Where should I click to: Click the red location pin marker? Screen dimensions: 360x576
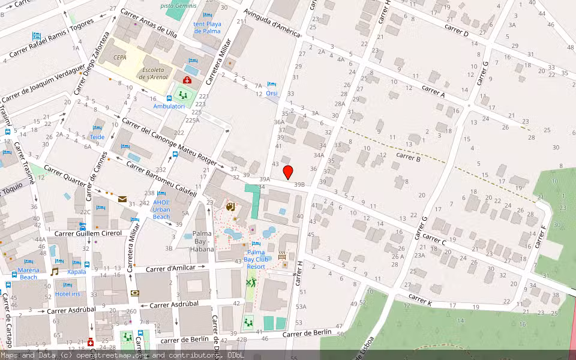pos(288,172)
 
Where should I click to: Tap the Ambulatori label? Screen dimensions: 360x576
pos(169,106)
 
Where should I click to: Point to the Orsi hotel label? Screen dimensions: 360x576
pos(272,93)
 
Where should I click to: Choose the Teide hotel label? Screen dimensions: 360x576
pos(97,137)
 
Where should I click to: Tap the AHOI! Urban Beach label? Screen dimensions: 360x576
pos(161,209)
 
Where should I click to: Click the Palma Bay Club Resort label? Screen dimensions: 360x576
pos(256,259)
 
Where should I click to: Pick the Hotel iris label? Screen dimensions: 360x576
pos(67,293)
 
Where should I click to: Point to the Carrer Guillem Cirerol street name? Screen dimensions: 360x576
pos(88,233)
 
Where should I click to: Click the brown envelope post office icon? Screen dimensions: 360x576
pos(122,199)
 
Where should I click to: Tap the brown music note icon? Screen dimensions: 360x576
pos(55,271)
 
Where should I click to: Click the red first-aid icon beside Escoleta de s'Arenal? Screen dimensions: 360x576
pos(187,80)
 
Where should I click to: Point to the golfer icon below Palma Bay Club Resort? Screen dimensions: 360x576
pos(249,282)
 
